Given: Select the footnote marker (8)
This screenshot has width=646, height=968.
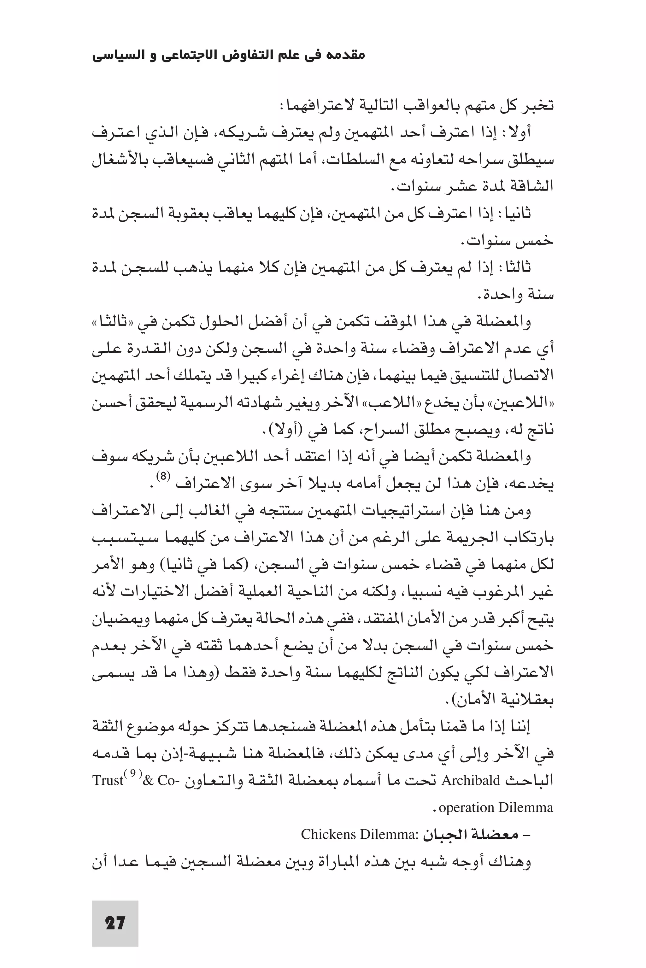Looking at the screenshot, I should pyautogui.click(x=163, y=476).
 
